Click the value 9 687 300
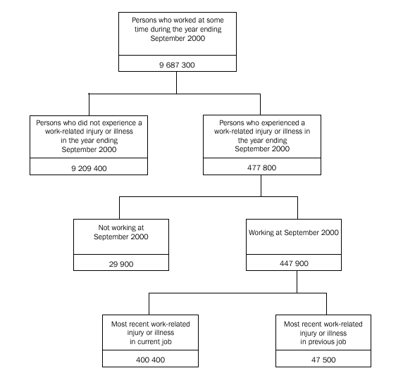click(176, 64)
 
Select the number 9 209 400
click(88, 168)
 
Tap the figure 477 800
click(261, 168)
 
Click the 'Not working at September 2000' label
click(120, 233)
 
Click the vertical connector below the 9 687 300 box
click(176, 82)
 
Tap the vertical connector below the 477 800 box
click(261, 186)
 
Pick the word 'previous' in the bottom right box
click(331, 341)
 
